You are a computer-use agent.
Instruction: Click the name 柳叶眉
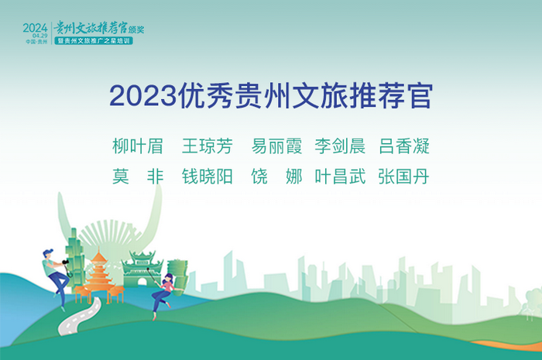[138, 146]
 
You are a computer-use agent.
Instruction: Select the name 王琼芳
[208, 146]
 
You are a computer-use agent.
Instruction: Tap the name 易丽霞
[276, 146]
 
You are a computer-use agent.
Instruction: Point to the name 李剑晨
[340, 146]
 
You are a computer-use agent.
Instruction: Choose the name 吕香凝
[404, 146]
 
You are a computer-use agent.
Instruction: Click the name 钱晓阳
[208, 177]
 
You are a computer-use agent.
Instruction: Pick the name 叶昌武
[340, 177]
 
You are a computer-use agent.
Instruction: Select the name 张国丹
[404, 177]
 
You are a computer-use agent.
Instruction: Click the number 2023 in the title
[142, 96]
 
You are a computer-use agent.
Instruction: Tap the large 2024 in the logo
[35, 28]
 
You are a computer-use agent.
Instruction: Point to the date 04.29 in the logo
[40, 36]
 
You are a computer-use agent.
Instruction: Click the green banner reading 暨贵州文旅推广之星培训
[94, 41]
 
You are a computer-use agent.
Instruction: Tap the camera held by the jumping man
[66, 262]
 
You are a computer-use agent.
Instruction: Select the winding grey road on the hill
[80, 317]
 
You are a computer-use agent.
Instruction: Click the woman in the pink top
[164, 294]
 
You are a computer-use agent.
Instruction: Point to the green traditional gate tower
[142, 269]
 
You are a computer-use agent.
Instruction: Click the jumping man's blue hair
[48, 252]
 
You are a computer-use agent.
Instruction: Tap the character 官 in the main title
[420, 96]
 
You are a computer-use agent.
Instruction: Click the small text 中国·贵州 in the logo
[36, 42]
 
